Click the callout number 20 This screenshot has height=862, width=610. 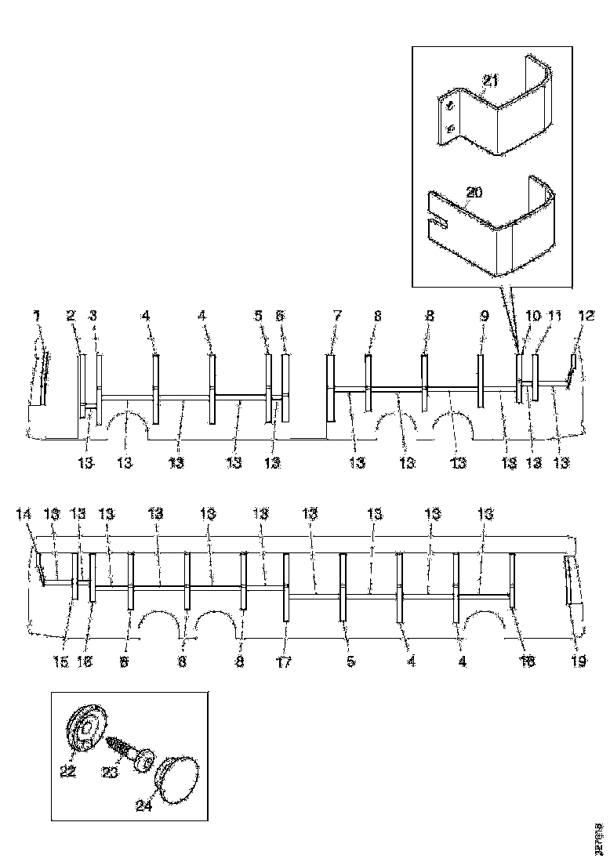[x=473, y=193]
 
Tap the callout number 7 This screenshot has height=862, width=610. [x=337, y=316]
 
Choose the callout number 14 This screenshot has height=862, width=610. [x=24, y=514]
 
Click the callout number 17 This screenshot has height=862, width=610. [x=284, y=662]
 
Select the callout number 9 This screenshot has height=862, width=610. [x=485, y=317]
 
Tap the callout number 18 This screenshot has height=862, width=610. [x=528, y=662]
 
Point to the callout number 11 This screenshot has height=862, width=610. [x=555, y=317]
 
